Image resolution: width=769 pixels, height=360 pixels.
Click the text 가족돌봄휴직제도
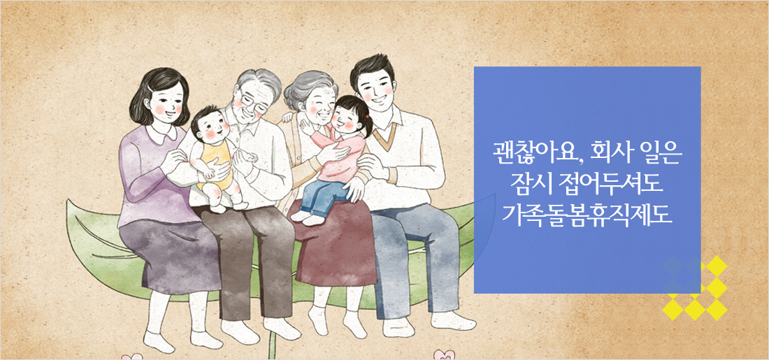point(587,213)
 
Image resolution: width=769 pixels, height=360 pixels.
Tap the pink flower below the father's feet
point(443,354)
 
